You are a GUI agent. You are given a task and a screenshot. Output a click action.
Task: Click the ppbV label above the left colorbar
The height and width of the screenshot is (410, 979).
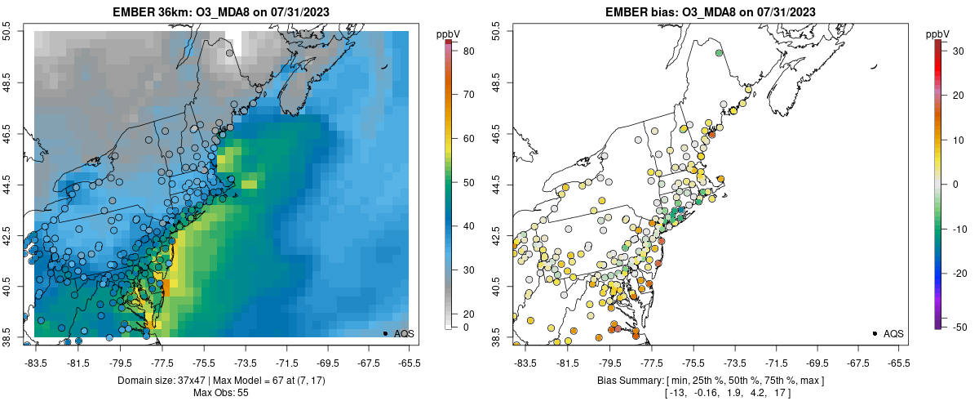point(447,33)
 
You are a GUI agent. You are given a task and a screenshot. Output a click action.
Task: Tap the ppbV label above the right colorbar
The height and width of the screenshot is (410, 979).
point(937,33)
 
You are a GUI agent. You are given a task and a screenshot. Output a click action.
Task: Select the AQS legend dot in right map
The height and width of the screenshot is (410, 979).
point(875,333)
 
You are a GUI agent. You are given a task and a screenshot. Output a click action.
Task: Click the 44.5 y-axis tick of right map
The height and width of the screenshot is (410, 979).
point(497,184)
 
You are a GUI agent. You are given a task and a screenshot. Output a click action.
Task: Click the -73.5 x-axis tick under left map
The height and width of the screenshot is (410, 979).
point(245,363)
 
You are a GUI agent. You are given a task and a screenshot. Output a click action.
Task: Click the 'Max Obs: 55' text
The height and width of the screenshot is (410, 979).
point(221,393)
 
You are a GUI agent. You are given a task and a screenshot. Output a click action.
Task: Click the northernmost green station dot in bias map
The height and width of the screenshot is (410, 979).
point(719,53)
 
